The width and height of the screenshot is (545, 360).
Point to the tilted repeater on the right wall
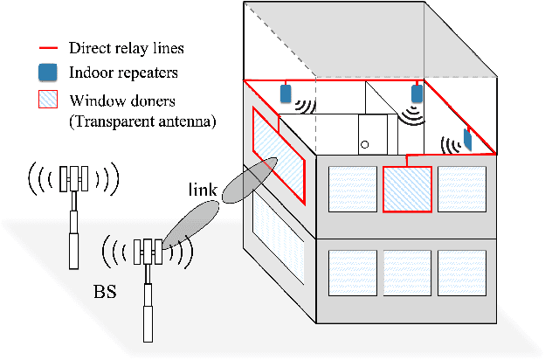(x=467, y=138)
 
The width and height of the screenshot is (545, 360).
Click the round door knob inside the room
(x=364, y=143)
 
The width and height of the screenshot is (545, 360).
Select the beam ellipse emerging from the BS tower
(x=190, y=224)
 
